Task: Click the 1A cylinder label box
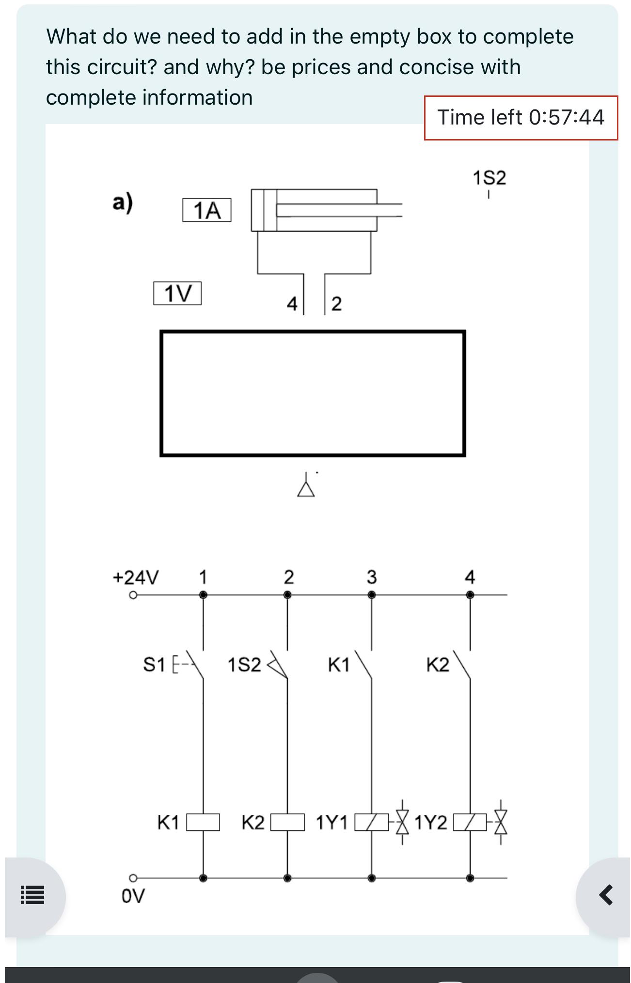pos(206,210)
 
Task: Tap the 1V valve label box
pos(177,293)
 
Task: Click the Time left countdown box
pos(521,118)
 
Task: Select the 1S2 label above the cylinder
pos(489,178)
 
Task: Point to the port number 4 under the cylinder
pos(292,304)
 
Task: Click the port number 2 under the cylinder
pos(336,304)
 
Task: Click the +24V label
pos(136,577)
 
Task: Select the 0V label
pos(133,896)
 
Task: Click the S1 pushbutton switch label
pos(154,664)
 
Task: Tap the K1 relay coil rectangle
pos(203,822)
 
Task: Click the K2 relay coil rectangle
pos(287,822)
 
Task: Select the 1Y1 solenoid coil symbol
pos(372,822)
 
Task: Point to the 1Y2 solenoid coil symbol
pos(470,822)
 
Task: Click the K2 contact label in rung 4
pos(438,665)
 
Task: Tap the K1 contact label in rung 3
pos(338,665)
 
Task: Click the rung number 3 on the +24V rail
pos(371,577)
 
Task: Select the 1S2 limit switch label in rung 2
pos(244,665)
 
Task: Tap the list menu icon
pos(32,895)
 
